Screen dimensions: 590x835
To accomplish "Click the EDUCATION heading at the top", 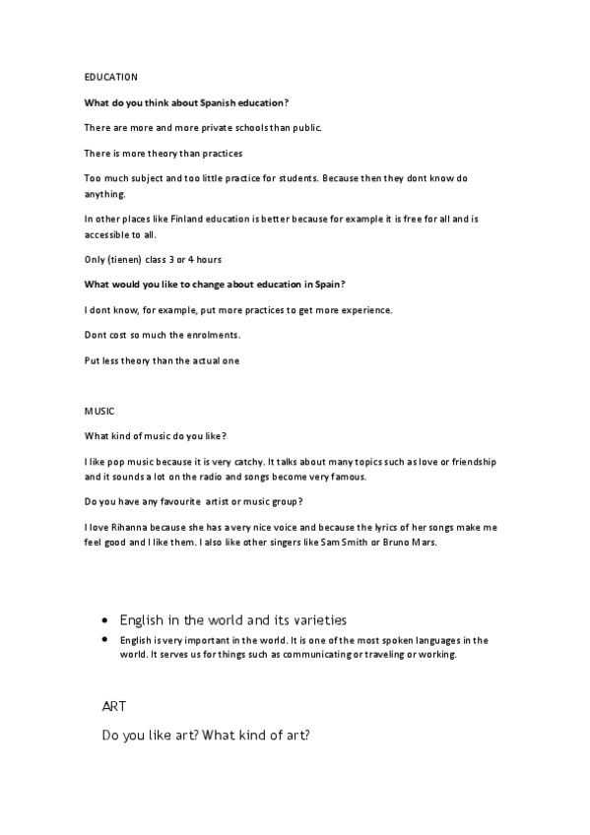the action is pos(110,77).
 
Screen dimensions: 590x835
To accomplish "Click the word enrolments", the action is pos(213,335).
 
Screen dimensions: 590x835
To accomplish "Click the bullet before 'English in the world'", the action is pos(105,622).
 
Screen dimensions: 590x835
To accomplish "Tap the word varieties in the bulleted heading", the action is pos(317,620).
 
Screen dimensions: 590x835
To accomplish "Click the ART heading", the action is pos(114,707).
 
